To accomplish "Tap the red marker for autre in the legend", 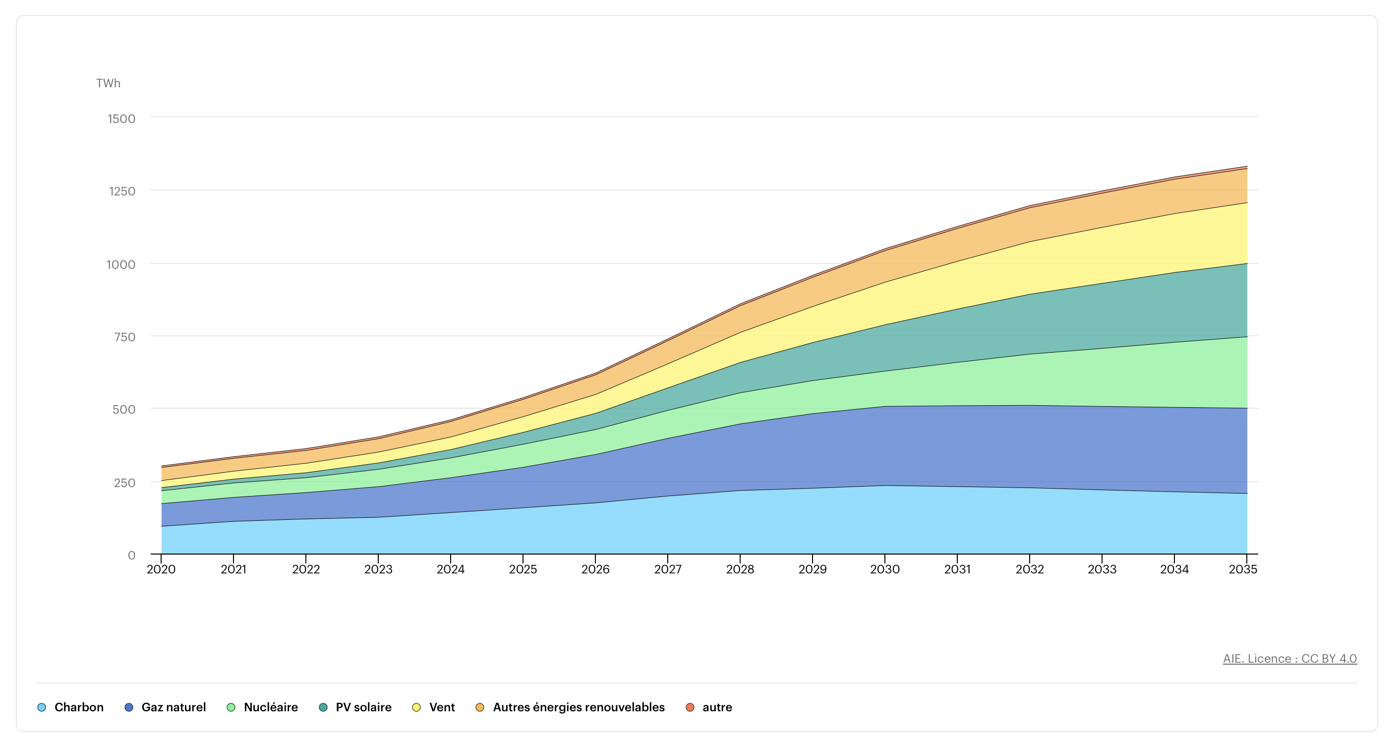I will tap(690, 707).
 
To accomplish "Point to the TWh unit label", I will tap(108, 83).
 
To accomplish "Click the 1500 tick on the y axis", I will tap(121, 119).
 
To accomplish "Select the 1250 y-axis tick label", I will tap(121, 191).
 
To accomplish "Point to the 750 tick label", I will tap(124, 337).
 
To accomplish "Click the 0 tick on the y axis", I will tap(131, 555).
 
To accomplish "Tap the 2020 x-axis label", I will tap(161, 569).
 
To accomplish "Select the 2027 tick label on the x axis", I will tap(668, 569).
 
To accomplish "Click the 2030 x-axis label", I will tap(884, 569).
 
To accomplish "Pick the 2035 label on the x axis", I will tap(1242, 569).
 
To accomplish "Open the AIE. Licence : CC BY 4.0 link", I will tap(1289, 658).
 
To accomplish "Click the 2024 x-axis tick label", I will tap(450, 569).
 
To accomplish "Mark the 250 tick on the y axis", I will tap(124, 482).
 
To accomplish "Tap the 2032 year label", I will tap(1029, 569).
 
